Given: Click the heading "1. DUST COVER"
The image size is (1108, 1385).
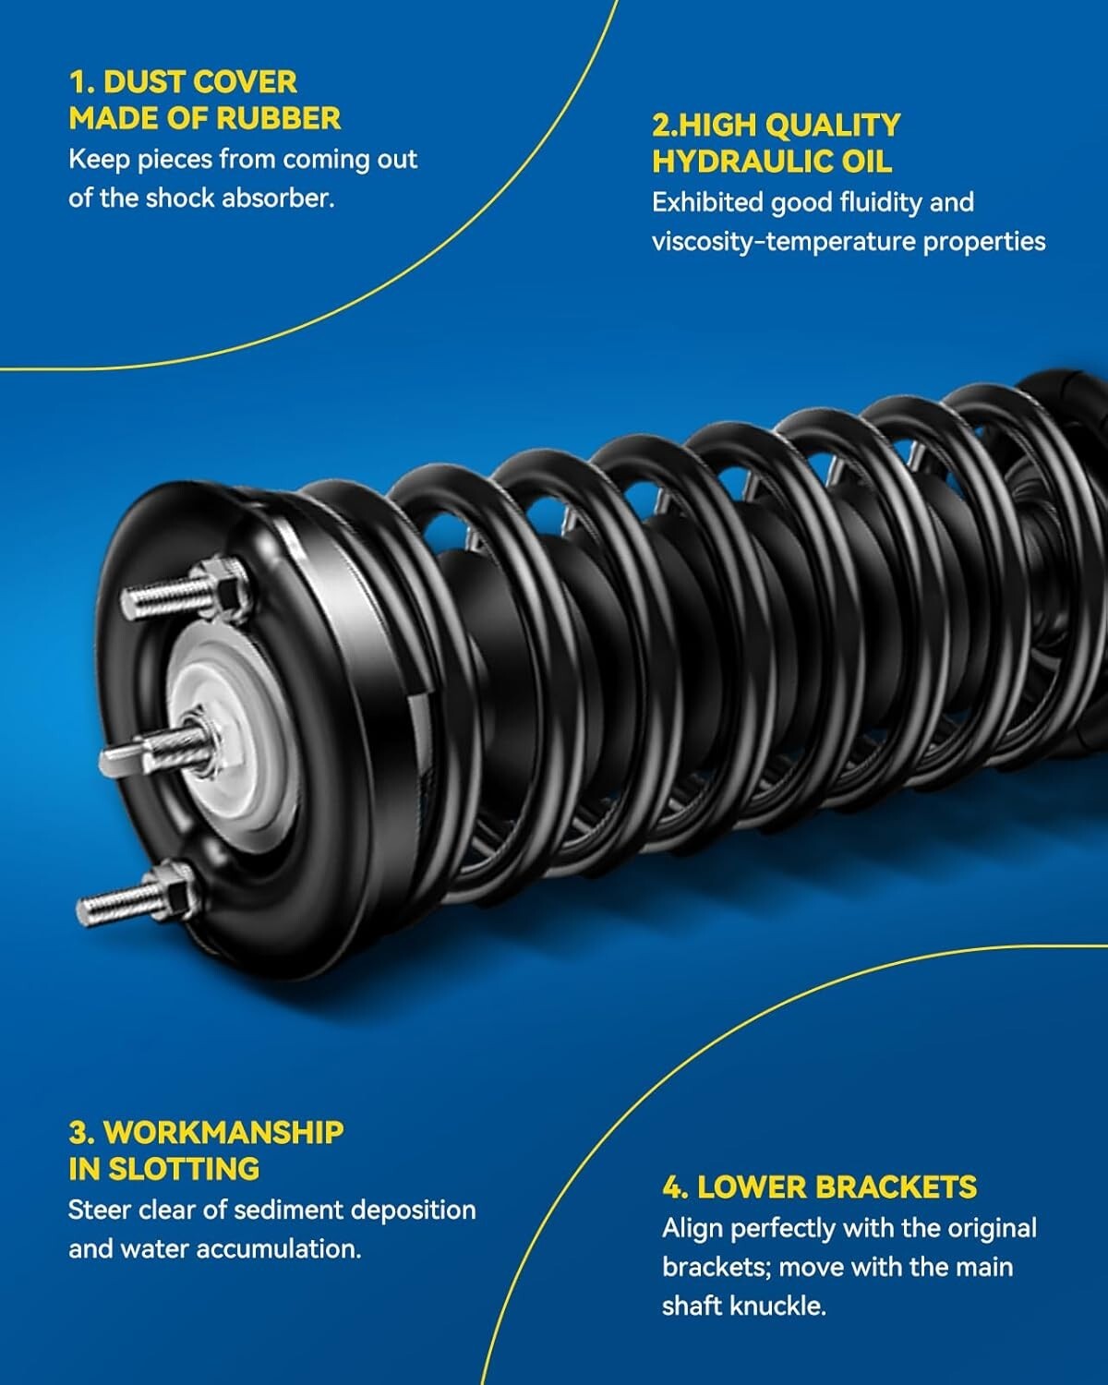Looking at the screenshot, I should (x=183, y=81).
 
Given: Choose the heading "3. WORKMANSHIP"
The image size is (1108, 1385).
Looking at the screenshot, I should (x=206, y=1132).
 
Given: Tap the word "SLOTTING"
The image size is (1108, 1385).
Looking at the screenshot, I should (x=184, y=1169).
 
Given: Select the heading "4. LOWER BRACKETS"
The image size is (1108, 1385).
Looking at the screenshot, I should (x=819, y=1187).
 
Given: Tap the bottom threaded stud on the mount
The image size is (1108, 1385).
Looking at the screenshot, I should (x=115, y=903).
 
